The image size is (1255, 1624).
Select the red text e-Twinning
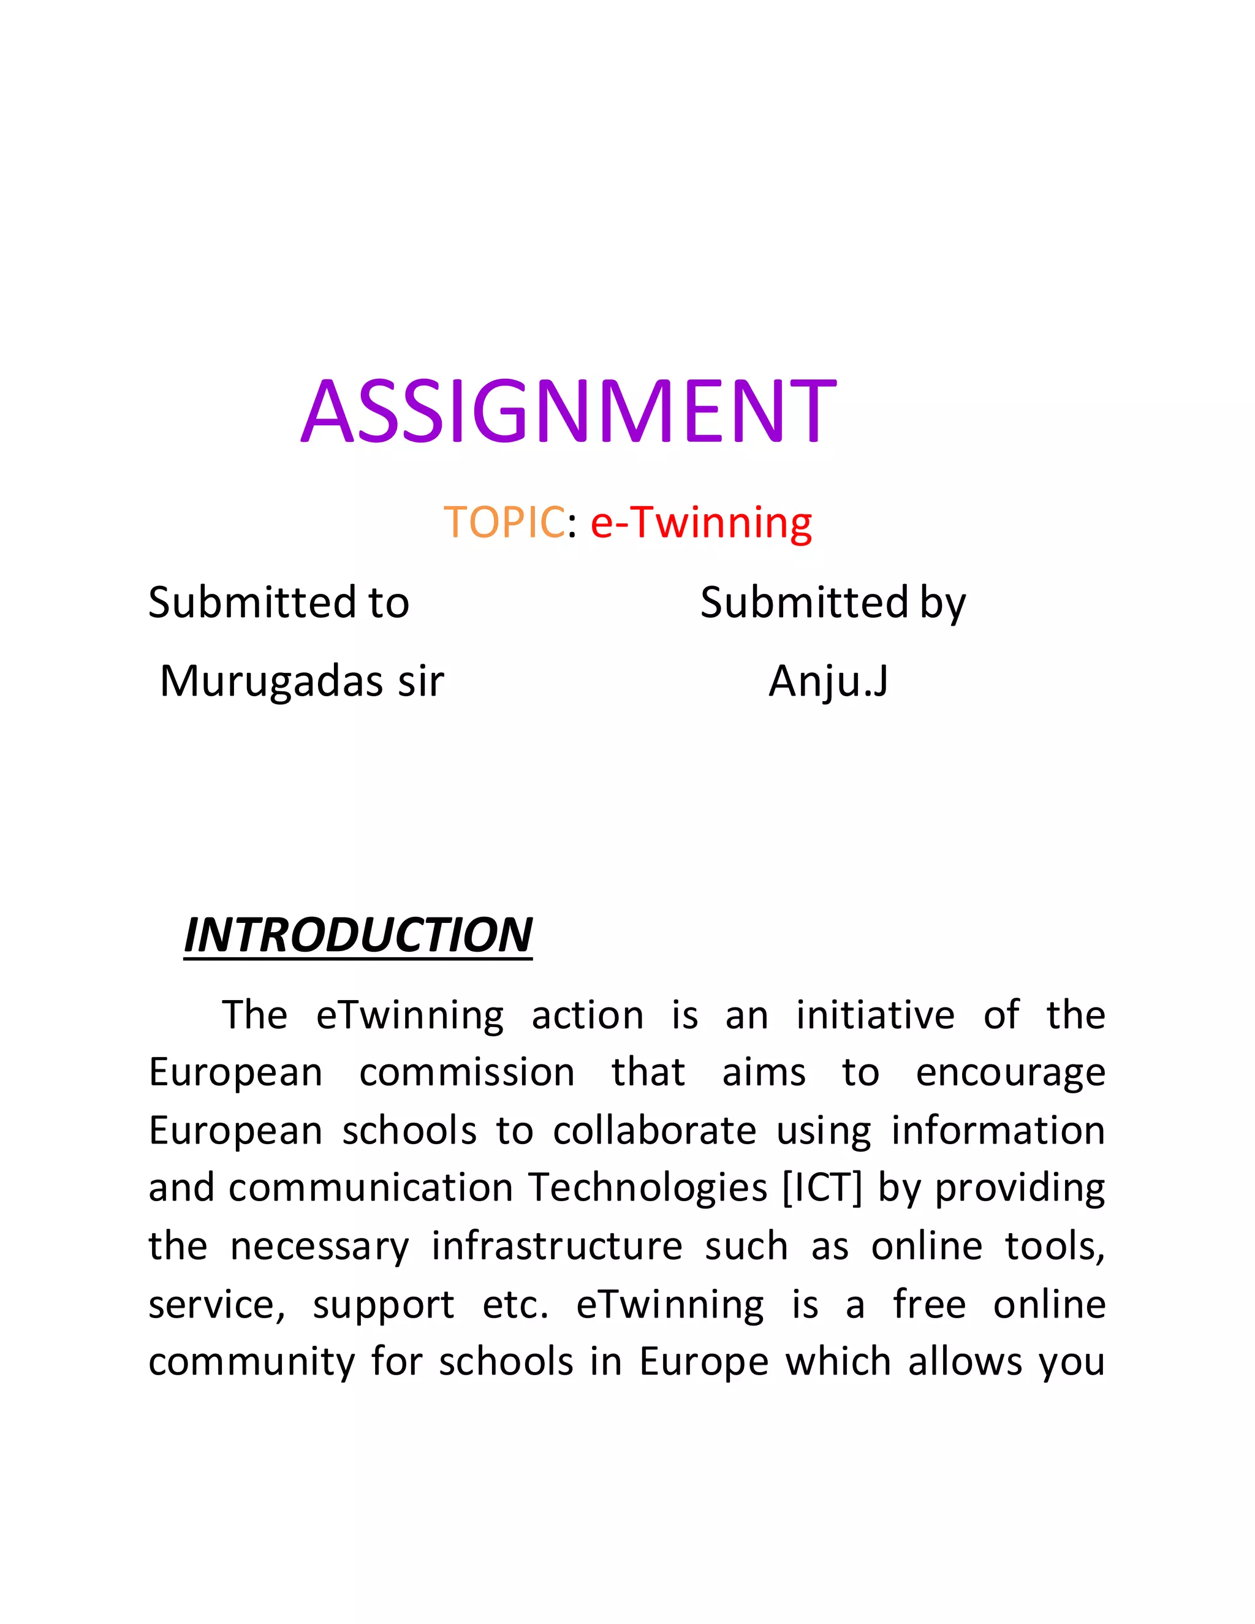tap(701, 523)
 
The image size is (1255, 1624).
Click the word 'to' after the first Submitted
tap(388, 602)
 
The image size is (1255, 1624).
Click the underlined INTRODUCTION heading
tap(358, 935)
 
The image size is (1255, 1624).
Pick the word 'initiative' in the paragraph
tap(875, 1015)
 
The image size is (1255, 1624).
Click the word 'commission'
tap(467, 1073)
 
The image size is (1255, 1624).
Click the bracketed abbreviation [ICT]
tap(822, 1188)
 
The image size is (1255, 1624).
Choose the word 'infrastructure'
tap(557, 1245)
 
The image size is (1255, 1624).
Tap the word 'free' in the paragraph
tap(930, 1303)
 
